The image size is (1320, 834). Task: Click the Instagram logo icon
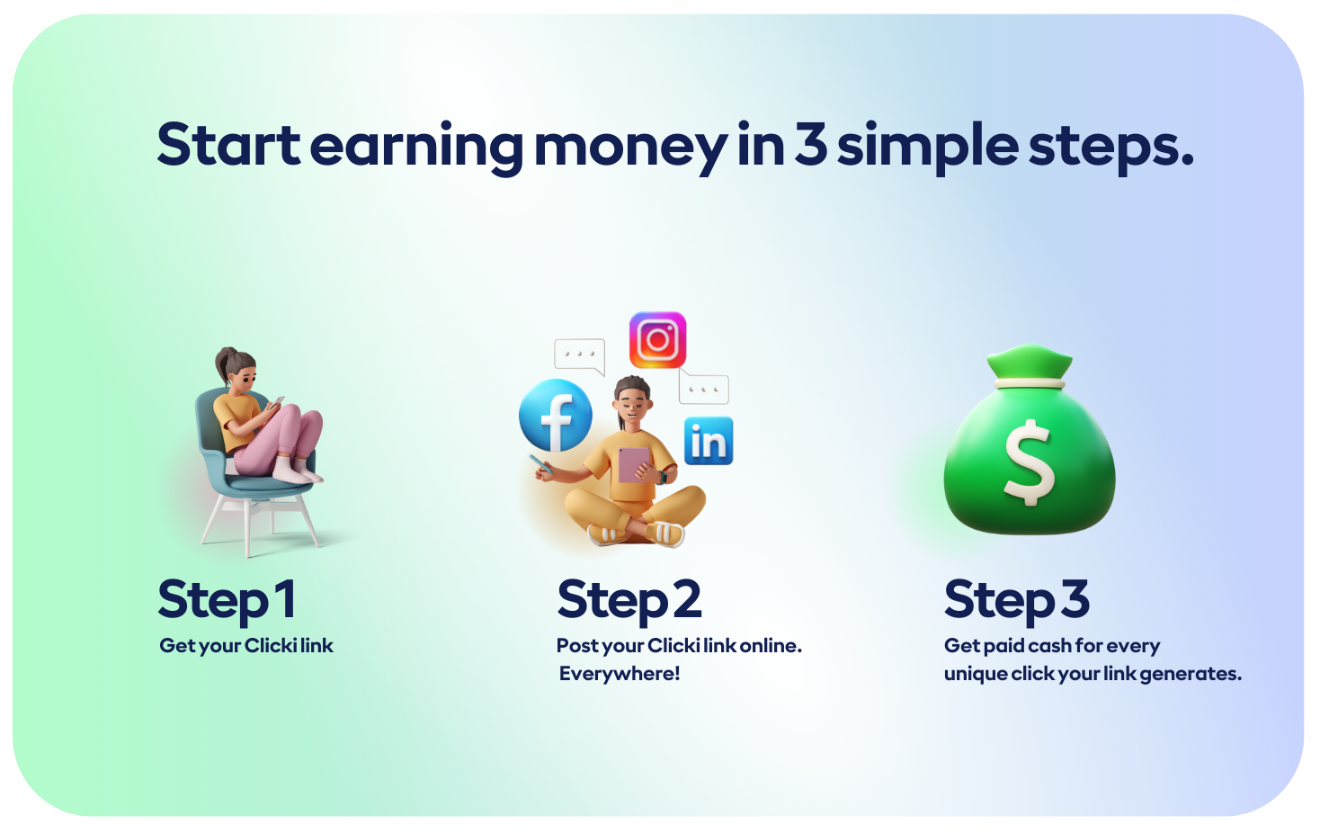tap(657, 340)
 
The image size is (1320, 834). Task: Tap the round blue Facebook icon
tap(555, 416)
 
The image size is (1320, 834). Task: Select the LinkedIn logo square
tap(709, 441)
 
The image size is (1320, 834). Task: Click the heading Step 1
tap(227, 600)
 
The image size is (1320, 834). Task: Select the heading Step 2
tap(629, 600)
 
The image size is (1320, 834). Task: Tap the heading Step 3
tap(1016, 600)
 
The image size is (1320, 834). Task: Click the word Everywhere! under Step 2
tap(620, 674)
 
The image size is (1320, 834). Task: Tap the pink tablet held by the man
tap(634, 465)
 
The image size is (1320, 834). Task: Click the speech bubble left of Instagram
tap(580, 356)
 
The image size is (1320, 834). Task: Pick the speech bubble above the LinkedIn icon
tap(703, 387)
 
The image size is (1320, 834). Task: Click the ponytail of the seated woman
tap(224, 363)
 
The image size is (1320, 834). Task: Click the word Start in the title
tap(228, 145)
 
